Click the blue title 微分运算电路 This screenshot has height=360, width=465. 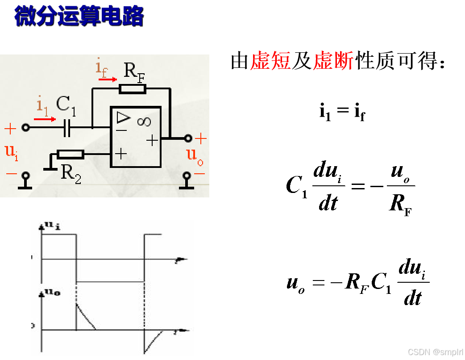pos(79,16)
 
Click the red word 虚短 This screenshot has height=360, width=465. pos(270,61)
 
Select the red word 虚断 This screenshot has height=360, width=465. pos(333,61)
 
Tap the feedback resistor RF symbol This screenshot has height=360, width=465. pos(133,89)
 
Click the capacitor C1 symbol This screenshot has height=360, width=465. pos(67,128)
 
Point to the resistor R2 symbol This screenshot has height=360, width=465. pos(71,155)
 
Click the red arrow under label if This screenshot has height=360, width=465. pos(108,80)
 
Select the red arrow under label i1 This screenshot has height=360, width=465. pos(45,119)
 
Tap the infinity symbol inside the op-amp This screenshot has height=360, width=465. pos(144,121)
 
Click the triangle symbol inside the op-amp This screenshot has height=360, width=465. pos(123,117)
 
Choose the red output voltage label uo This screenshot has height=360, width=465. pos(193,155)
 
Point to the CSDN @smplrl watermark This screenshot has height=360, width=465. pos(435,352)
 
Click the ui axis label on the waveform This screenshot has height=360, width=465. pos(53,226)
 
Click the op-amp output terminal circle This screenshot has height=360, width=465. pos(188,138)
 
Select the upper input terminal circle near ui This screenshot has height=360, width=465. pos(25,128)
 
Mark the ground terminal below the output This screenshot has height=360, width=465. pos(187,181)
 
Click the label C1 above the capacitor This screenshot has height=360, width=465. pos(66,105)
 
